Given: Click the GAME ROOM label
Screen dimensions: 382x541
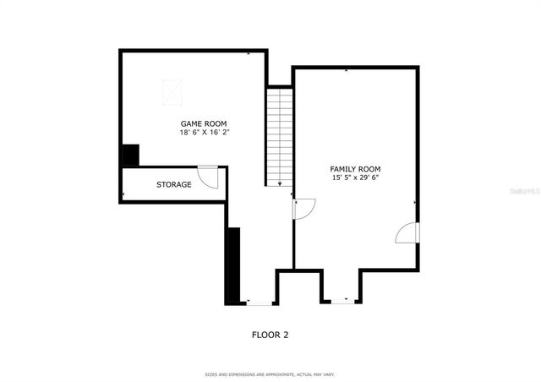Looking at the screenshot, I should point(204,123).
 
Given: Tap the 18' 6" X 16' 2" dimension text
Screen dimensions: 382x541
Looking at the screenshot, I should point(204,133).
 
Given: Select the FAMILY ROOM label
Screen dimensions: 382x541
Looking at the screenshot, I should point(355,169).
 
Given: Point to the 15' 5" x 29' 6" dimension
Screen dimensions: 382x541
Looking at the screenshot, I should point(355,178).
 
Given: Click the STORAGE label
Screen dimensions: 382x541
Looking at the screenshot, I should point(173,184).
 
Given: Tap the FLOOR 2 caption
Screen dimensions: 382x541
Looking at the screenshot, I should point(270,335).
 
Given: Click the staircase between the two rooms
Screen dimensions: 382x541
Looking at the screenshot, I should point(280,135).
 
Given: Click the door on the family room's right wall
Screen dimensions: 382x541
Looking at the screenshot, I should point(407,233).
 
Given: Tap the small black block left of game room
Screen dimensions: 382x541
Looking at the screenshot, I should point(130,156).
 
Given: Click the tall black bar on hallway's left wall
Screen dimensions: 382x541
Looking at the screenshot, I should point(233,265).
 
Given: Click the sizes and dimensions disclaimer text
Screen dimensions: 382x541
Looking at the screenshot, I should point(270,373).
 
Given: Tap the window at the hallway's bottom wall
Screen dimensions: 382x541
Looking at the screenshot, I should point(259,302).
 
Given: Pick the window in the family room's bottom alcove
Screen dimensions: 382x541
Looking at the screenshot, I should point(341,301).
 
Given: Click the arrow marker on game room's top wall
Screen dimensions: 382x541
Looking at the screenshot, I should point(248,53).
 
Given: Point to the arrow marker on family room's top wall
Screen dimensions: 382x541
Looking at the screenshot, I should point(346,70).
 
